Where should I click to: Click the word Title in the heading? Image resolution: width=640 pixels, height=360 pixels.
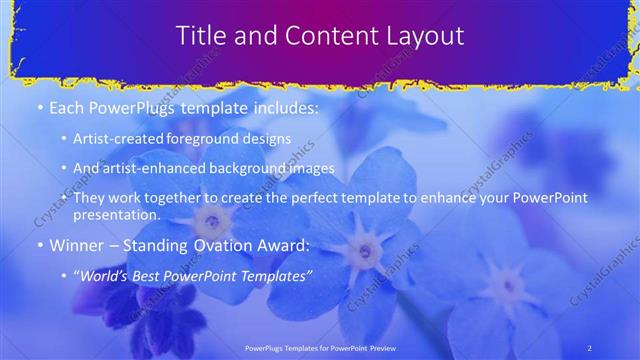[201, 36]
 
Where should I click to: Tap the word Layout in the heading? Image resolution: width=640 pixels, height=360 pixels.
[420, 36]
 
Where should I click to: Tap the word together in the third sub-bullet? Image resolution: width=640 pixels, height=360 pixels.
[168, 198]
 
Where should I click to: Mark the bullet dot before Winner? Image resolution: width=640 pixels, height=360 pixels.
[40, 245]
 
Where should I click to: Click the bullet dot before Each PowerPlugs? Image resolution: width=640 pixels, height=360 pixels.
[40, 107]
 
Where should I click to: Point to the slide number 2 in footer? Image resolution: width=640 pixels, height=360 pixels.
[589, 347]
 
